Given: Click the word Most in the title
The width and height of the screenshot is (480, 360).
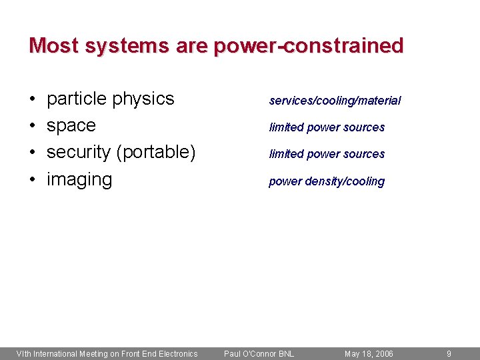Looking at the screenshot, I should (54, 45).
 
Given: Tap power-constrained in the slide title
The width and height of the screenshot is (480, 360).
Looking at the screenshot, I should (308, 45).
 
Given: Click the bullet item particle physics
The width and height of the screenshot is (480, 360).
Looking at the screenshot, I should (110, 99).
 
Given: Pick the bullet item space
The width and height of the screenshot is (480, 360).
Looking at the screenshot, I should (71, 126).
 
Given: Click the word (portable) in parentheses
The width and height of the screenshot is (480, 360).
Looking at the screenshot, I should (155, 153).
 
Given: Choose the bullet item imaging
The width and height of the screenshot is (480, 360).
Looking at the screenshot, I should (79, 179).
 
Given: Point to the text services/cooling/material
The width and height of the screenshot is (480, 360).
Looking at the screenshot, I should (335, 101).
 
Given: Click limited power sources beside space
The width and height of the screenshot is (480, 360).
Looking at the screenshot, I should (327, 127).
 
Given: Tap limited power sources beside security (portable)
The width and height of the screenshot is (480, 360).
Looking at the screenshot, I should (327, 154).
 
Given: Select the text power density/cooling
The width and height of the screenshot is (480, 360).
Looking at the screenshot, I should (327, 181).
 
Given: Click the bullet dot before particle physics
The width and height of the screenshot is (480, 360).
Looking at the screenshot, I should (33, 99).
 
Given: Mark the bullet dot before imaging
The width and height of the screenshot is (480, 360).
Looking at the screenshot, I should (33, 180).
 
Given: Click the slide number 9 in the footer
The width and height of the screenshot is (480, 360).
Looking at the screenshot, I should (449, 353).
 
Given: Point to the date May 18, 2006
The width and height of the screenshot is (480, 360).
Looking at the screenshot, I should (369, 353).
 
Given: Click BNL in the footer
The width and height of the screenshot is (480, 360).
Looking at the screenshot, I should (286, 353).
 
